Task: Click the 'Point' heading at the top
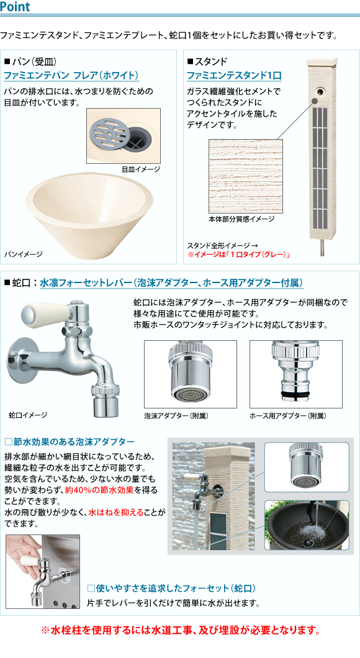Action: point(16,6)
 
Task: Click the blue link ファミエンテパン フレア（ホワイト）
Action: point(71,76)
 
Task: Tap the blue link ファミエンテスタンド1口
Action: point(234,76)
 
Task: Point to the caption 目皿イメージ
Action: point(140,169)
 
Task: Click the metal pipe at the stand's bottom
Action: point(322,248)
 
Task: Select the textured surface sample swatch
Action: point(245,176)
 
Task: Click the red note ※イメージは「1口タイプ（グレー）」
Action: point(239,255)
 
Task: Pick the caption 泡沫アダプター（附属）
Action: point(176,415)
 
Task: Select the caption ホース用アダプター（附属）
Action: point(287,415)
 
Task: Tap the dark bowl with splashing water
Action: point(307,527)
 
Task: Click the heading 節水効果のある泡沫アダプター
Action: point(70,441)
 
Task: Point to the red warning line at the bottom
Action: point(180,629)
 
